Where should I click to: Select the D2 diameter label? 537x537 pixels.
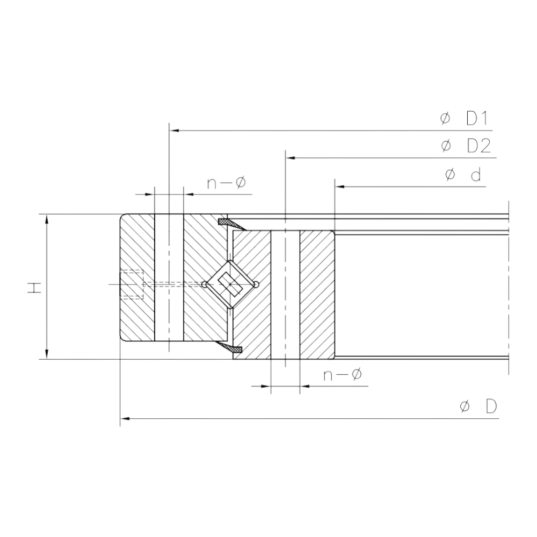point(466,146)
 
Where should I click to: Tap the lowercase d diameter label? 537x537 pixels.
point(463,175)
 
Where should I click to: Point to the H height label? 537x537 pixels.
point(34,288)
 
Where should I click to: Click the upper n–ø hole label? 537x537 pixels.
point(227,183)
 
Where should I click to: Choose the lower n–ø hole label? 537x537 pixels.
point(343,375)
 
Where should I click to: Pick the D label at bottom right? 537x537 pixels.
point(478,407)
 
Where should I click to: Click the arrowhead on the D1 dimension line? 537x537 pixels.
point(175,130)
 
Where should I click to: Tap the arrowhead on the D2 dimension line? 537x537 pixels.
point(291,158)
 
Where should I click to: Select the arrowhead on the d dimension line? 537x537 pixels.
point(340,187)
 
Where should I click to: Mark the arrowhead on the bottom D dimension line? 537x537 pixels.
point(125,418)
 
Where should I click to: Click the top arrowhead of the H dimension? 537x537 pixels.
point(47,220)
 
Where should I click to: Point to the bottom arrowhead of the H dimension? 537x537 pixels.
point(47,354)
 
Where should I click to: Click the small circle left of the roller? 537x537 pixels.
point(205,284)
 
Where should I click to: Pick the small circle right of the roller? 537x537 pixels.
point(256,284)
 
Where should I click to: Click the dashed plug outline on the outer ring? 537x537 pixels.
point(132,284)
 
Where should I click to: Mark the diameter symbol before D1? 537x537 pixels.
point(445,119)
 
